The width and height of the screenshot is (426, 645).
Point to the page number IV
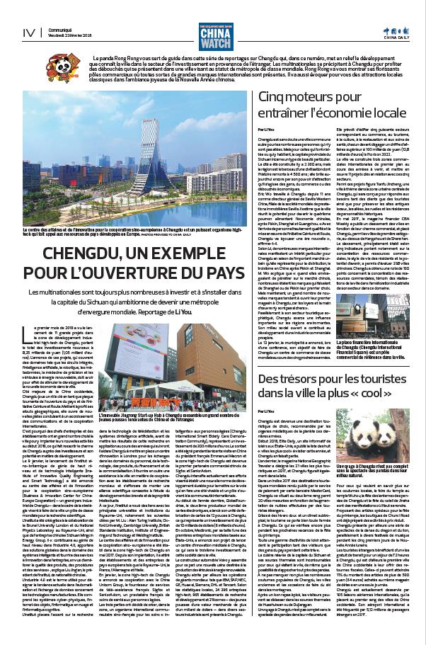pos(28,33)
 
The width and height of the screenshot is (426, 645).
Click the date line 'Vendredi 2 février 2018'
pos(68,35)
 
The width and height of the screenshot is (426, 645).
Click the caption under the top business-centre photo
pos(134,232)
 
